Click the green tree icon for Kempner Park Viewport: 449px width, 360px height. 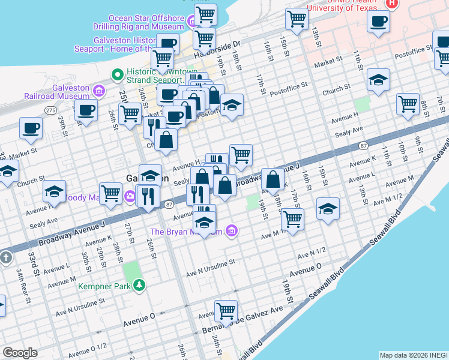pos(139,284)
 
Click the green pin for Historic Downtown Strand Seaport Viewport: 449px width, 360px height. pos(118,74)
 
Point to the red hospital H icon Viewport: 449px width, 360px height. pos(392,4)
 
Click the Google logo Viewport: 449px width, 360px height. pos(20,353)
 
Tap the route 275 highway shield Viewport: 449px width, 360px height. pos(50,110)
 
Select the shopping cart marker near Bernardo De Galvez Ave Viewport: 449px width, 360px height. pos(226,311)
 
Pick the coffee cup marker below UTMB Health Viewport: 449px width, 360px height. pos(379,23)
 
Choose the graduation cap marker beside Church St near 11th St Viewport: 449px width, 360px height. pos(378,80)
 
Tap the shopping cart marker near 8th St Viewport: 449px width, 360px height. pos(408,104)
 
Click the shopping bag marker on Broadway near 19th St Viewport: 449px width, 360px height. pos(273,179)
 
